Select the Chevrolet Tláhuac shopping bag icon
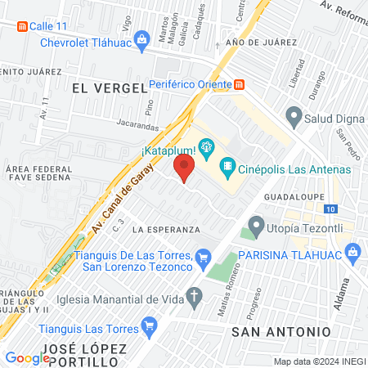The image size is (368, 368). [x=141, y=38]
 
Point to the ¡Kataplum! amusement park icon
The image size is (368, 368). [x=206, y=149]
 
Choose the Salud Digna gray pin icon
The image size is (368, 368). [x=293, y=116]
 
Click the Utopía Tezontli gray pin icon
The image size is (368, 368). [x=257, y=223]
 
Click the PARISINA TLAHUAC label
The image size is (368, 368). [x=287, y=255]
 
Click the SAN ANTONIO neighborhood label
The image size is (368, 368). [x=280, y=331]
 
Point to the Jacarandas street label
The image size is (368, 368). [x=115, y=127]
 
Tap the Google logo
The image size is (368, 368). [x=27, y=357]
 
